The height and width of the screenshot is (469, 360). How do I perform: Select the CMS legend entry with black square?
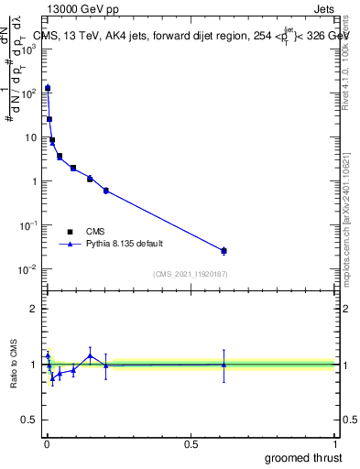click(x=82, y=232)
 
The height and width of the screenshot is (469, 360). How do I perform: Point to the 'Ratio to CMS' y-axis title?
click(x=14, y=365)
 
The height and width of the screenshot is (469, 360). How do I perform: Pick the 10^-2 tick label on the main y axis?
click(x=30, y=269)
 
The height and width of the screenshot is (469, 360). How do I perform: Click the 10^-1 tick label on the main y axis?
click(x=30, y=225)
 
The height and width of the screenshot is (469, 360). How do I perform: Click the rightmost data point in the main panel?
click(x=224, y=250)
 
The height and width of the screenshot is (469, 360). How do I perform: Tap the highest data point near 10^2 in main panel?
click(x=48, y=88)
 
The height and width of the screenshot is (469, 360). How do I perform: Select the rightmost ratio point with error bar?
click(x=224, y=365)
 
